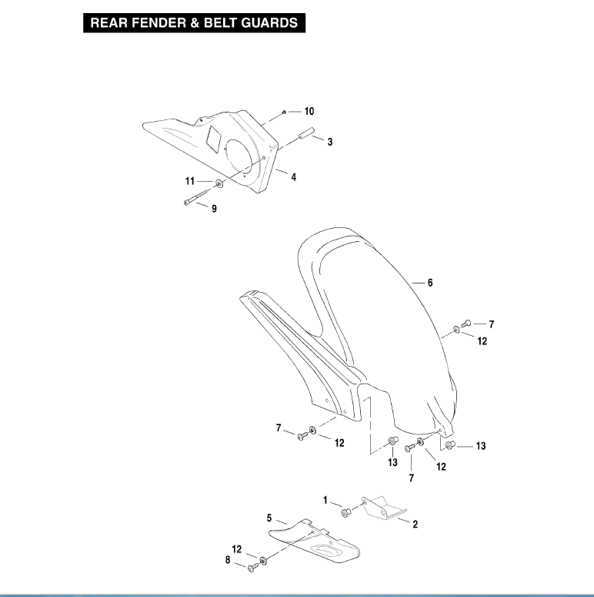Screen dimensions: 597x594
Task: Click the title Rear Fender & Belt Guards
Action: (x=195, y=23)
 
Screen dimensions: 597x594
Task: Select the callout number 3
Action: (x=329, y=142)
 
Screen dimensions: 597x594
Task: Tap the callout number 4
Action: (x=294, y=176)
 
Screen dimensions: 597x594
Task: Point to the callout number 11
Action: (x=189, y=182)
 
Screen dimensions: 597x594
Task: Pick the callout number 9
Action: (x=214, y=208)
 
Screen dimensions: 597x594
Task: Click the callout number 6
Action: (x=430, y=283)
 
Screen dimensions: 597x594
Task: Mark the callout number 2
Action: (x=415, y=524)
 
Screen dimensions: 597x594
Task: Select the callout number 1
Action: (x=325, y=500)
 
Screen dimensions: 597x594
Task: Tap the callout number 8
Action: (x=228, y=560)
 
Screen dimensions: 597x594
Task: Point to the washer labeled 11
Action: (x=219, y=183)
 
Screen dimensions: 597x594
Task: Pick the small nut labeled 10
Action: (x=284, y=112)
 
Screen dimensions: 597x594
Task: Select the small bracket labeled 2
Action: (x=382, y=508)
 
